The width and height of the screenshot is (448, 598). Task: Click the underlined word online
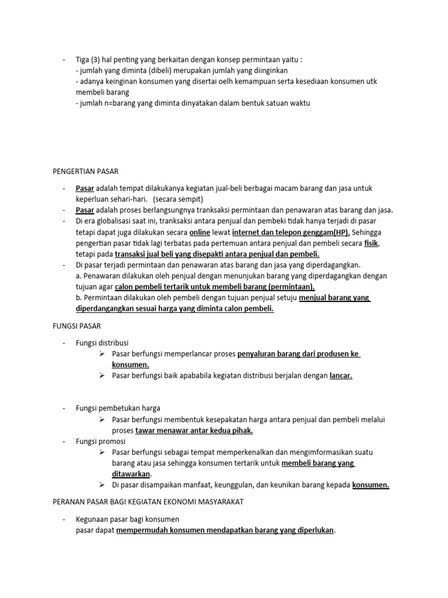click(x=200, y=232)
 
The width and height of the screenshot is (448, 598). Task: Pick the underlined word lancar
click(x=341, y=376)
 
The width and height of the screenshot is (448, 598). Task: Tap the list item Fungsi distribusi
click(x=102, y=342)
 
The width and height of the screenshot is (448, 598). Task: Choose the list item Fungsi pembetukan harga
click(x=118, y=408)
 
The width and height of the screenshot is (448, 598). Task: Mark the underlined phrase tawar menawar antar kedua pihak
click(x=194, y=430)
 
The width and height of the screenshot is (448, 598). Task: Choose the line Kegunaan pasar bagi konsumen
click(x=127, y=519)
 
